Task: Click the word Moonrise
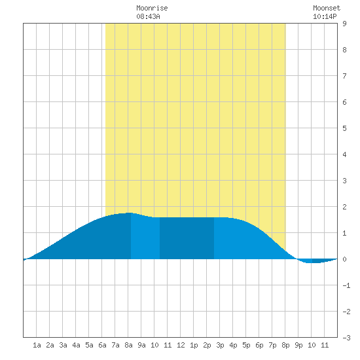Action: pos(152,8)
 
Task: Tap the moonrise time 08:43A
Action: pos(148,16)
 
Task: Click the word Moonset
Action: pos(327,8)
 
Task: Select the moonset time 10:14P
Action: pos(325,16)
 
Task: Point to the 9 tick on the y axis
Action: pos(344,24)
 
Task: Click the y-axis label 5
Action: pos(344,128)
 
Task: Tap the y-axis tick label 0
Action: pos(344,259)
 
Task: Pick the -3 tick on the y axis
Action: pos(346,338)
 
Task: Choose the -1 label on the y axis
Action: pos(346,285)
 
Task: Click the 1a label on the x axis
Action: pos(37,345)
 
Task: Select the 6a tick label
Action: pos(102,345)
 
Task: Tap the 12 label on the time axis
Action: pos(181,345)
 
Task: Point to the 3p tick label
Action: pos(220,346)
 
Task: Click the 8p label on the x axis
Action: pos(285,346)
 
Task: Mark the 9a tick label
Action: pos(141,345)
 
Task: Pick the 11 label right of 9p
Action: pos(325,345)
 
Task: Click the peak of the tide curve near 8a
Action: pos(129,213)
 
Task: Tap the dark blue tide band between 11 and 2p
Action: pos(187,238)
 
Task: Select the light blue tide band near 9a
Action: pos(145,238)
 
